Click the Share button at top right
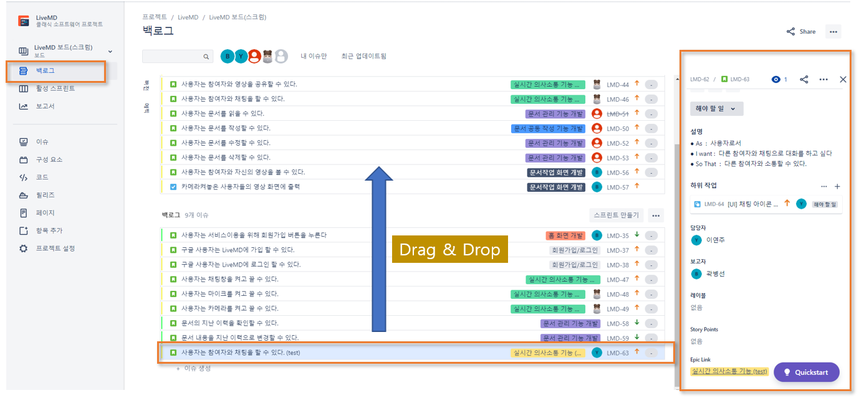click(801, 32)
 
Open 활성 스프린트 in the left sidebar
click(55, 88)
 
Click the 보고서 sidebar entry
click(46, 107)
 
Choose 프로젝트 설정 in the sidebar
click(55, 249)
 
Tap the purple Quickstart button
click(806, 372)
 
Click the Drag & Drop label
click(449, 250)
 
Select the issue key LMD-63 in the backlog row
click(618, 353)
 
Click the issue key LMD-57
click(618, 187)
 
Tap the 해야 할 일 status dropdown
click(716, 108)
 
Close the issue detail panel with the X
click(843, 80)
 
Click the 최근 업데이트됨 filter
click(363, 57)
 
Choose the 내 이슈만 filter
click(314, 57)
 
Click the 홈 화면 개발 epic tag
click(565, 235)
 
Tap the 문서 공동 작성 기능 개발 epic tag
click(549, 128)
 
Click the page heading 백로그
click(158, 31)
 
